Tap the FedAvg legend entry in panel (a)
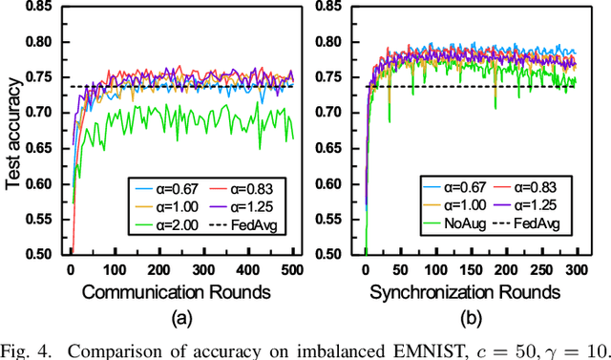248,225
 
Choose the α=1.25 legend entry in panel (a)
248,206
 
